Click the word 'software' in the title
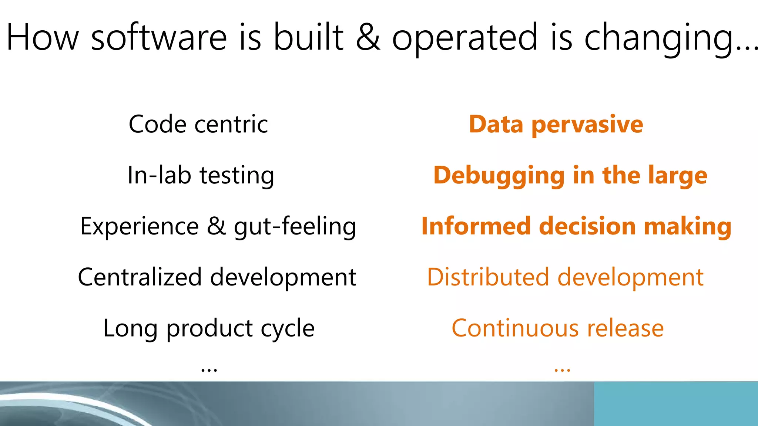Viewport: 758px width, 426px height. pos(159,37)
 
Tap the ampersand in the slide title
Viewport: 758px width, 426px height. pos(368,37)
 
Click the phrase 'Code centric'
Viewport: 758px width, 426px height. pos(198,124)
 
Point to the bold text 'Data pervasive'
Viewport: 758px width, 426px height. pos(556,125)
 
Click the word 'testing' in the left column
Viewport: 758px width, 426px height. pos(237,175)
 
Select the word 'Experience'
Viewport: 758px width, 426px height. pos(140,226)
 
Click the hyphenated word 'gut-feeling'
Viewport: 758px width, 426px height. pos(295,226)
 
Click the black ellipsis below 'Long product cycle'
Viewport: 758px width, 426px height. pos(209,369)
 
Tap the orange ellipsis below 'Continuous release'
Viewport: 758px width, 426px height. pos(562,369)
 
